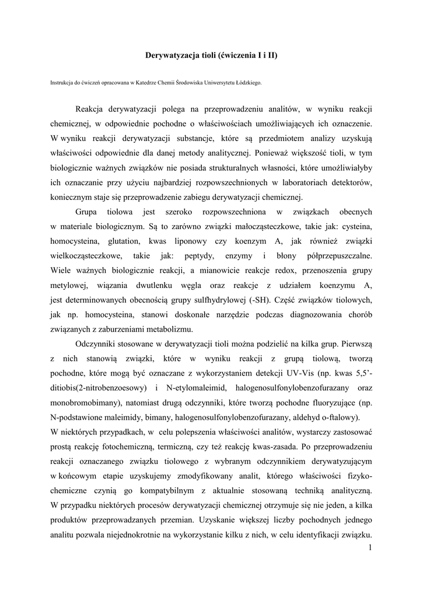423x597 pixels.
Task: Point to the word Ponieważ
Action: click(x=275, y=154)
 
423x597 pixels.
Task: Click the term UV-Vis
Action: click(x=298, y=373)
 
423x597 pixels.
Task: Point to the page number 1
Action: click(x=370, y=548)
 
